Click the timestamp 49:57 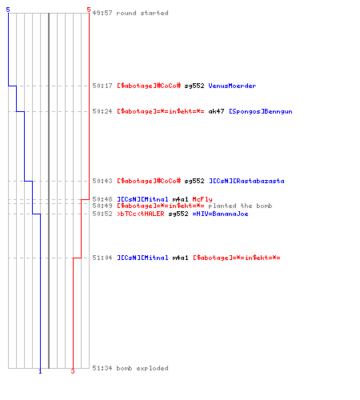point(102,13)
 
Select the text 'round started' point(142,13)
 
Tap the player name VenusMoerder point(232,86)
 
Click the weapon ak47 point(216,111)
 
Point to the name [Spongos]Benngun point(261,111)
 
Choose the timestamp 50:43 point(102,181)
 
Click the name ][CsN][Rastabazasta point(246,181)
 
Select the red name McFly point(202,199)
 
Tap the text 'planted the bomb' point(240,206)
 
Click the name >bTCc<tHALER point(141,214)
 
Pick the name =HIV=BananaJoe point(220,214)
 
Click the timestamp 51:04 point(102,258)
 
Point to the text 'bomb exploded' point(142,368)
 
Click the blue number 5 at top point(8,10)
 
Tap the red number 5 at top point(89,10)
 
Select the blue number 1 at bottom point(40,371)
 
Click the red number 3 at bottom point(73,371)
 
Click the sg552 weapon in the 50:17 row point(194,86)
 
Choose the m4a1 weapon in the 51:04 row point(180,258)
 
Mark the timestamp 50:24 point(102,111)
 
